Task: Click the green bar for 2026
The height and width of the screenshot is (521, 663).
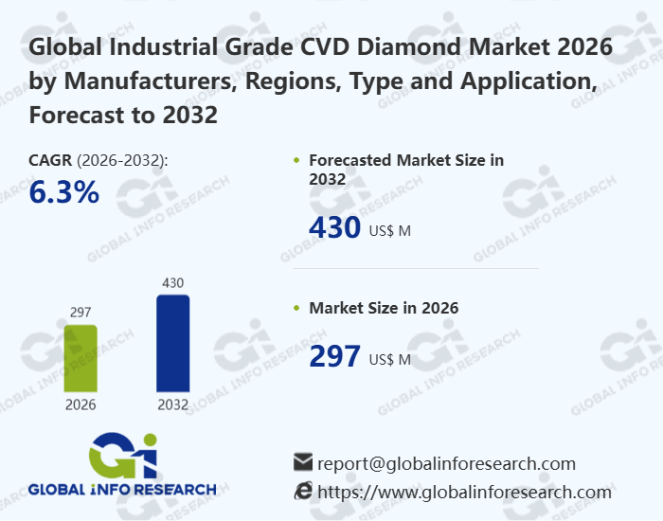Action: point(80,358)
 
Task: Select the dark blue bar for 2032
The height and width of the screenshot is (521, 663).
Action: point(172,343)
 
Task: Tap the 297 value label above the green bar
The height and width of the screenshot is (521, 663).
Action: point(80,313)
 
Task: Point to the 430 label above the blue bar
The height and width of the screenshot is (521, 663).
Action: point(172,282)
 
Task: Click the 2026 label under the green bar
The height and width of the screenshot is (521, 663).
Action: point(80,404)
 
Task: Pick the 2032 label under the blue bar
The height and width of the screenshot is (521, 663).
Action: point(172,404)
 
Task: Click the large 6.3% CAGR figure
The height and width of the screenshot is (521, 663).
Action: point(64,192)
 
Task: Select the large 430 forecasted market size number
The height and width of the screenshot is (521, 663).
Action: point(335,228)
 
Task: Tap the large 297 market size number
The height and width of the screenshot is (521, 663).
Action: point(335,356)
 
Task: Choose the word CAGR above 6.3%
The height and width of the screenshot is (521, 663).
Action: point(50,160)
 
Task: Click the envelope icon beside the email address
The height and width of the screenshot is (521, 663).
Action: point(303,463)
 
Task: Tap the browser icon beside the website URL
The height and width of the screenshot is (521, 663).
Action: point(303,491)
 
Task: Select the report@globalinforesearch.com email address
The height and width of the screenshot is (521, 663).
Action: point(446,463)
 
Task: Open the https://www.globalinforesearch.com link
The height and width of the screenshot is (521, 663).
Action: point(464,492)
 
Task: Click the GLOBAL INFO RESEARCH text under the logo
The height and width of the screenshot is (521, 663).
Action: point(121,490)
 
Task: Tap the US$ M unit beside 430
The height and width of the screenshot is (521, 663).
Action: point(389,231)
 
